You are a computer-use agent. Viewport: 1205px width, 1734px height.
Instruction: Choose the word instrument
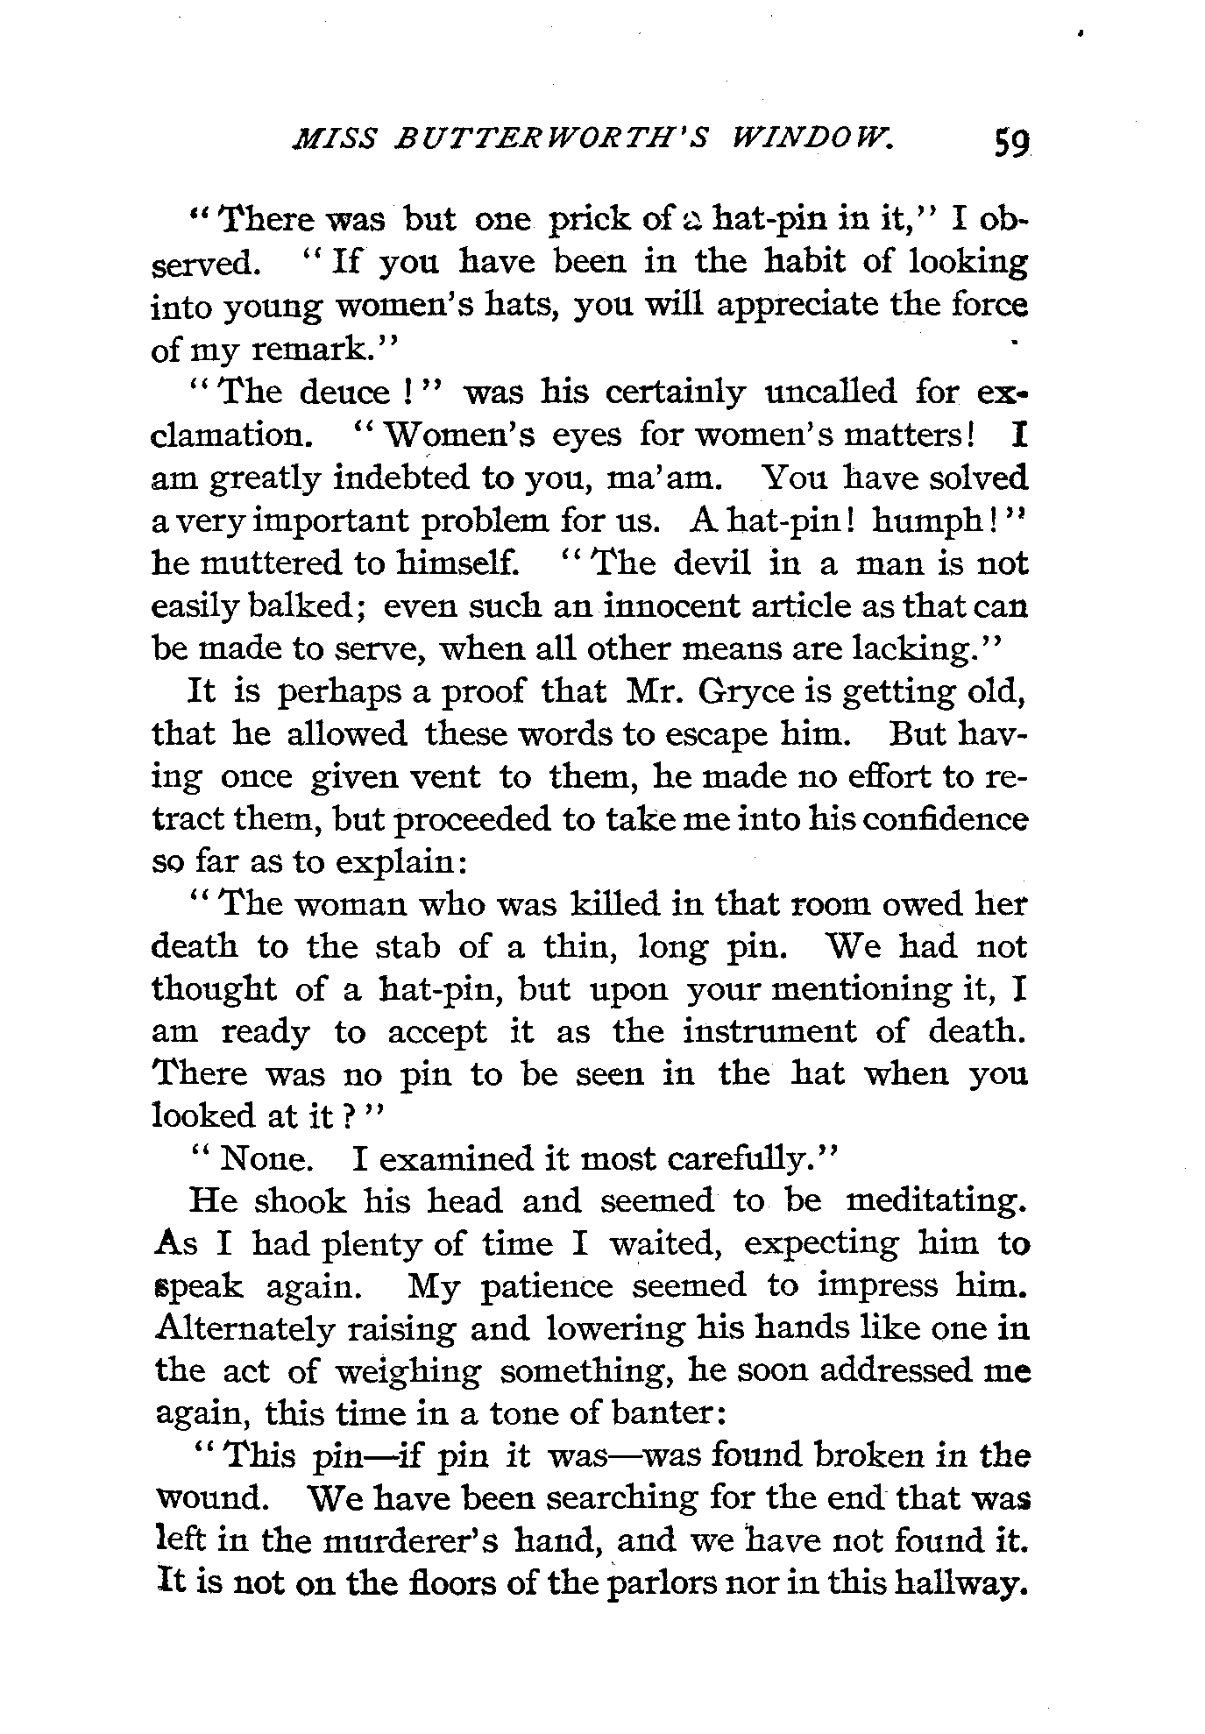tap(769, 1031)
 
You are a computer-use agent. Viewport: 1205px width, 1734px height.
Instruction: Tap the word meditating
tap(936, 1200)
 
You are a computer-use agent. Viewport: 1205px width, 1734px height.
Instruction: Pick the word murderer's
tap(400, 1541)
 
